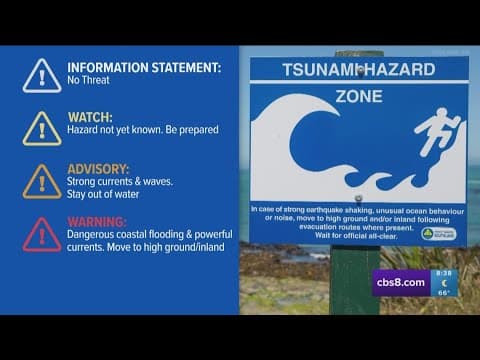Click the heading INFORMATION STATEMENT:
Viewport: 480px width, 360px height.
point(144,68)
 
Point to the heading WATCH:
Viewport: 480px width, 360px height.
point(90,117)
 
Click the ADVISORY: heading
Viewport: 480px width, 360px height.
point(98,168)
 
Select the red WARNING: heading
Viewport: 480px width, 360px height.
point(97,221)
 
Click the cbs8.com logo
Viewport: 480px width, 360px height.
point(401,282)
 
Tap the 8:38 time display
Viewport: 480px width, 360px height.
point(443,273)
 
